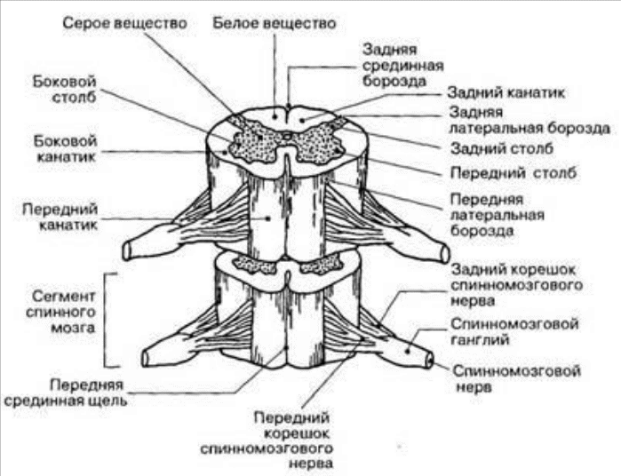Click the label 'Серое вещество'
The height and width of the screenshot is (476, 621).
coord(124,23)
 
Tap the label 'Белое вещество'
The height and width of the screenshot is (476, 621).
coord(274,23)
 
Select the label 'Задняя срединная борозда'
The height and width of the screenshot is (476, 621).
coord(402,66)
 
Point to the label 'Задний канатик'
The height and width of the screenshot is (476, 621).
coord(506,92)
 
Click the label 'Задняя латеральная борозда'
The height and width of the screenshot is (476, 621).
coord(529,121)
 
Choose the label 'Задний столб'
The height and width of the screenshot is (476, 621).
coord(502,149)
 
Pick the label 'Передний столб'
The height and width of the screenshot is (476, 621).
coord(513,172)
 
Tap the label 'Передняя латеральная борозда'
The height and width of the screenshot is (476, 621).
coord(497,215)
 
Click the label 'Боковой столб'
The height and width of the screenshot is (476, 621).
coord(64,90)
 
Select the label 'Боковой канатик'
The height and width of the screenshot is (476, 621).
coord(65,149)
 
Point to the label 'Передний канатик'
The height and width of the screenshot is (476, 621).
coord(60,217)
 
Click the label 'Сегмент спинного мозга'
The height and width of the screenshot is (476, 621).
coord(60,312)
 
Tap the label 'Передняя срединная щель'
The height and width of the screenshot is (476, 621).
coord(66,393)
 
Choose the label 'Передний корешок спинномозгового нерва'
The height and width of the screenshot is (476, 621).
coord(267,440)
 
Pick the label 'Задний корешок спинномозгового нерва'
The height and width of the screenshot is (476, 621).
coord(517,285)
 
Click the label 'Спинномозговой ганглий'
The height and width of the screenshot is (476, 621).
coord(514,332)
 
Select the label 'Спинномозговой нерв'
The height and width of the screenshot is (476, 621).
coord(517,378)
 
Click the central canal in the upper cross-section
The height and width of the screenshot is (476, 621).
coord(287,137)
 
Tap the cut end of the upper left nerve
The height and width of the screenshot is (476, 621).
coord(127,250)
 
